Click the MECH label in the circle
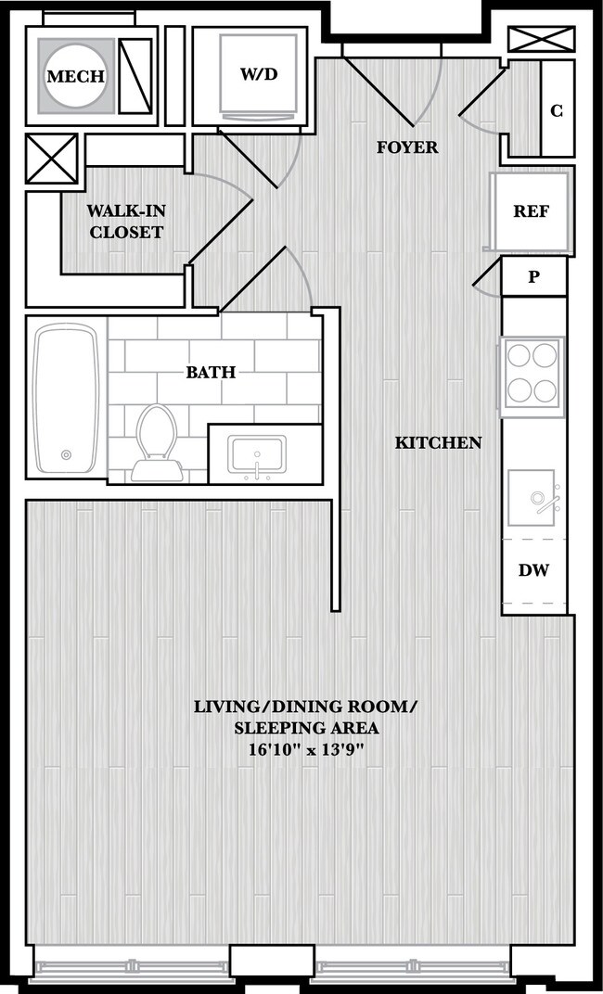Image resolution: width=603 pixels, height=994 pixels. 76,77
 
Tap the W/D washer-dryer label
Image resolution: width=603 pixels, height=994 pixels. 259,74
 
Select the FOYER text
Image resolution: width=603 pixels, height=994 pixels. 407,147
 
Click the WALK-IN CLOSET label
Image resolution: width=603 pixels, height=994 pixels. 126,222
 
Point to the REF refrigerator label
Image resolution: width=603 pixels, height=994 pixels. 532,211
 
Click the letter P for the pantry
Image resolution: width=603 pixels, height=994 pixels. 533,277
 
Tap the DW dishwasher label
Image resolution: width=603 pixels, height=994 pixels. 533,570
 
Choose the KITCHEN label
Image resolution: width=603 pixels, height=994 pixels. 438,442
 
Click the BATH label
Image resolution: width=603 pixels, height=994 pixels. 211,372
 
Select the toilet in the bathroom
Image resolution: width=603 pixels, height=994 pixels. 157,443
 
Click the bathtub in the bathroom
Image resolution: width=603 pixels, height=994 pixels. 66,398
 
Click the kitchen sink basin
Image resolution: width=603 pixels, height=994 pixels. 532,498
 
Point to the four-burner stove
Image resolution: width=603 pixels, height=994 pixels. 532,376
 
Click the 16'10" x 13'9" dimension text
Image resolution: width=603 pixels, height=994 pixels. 307,749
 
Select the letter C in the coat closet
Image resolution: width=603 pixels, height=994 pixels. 557,111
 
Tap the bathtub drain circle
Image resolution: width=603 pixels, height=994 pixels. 66,454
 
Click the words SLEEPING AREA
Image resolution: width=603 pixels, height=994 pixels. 307,728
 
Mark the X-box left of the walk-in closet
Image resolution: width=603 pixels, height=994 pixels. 52,159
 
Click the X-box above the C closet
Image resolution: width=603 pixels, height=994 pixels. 542,39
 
